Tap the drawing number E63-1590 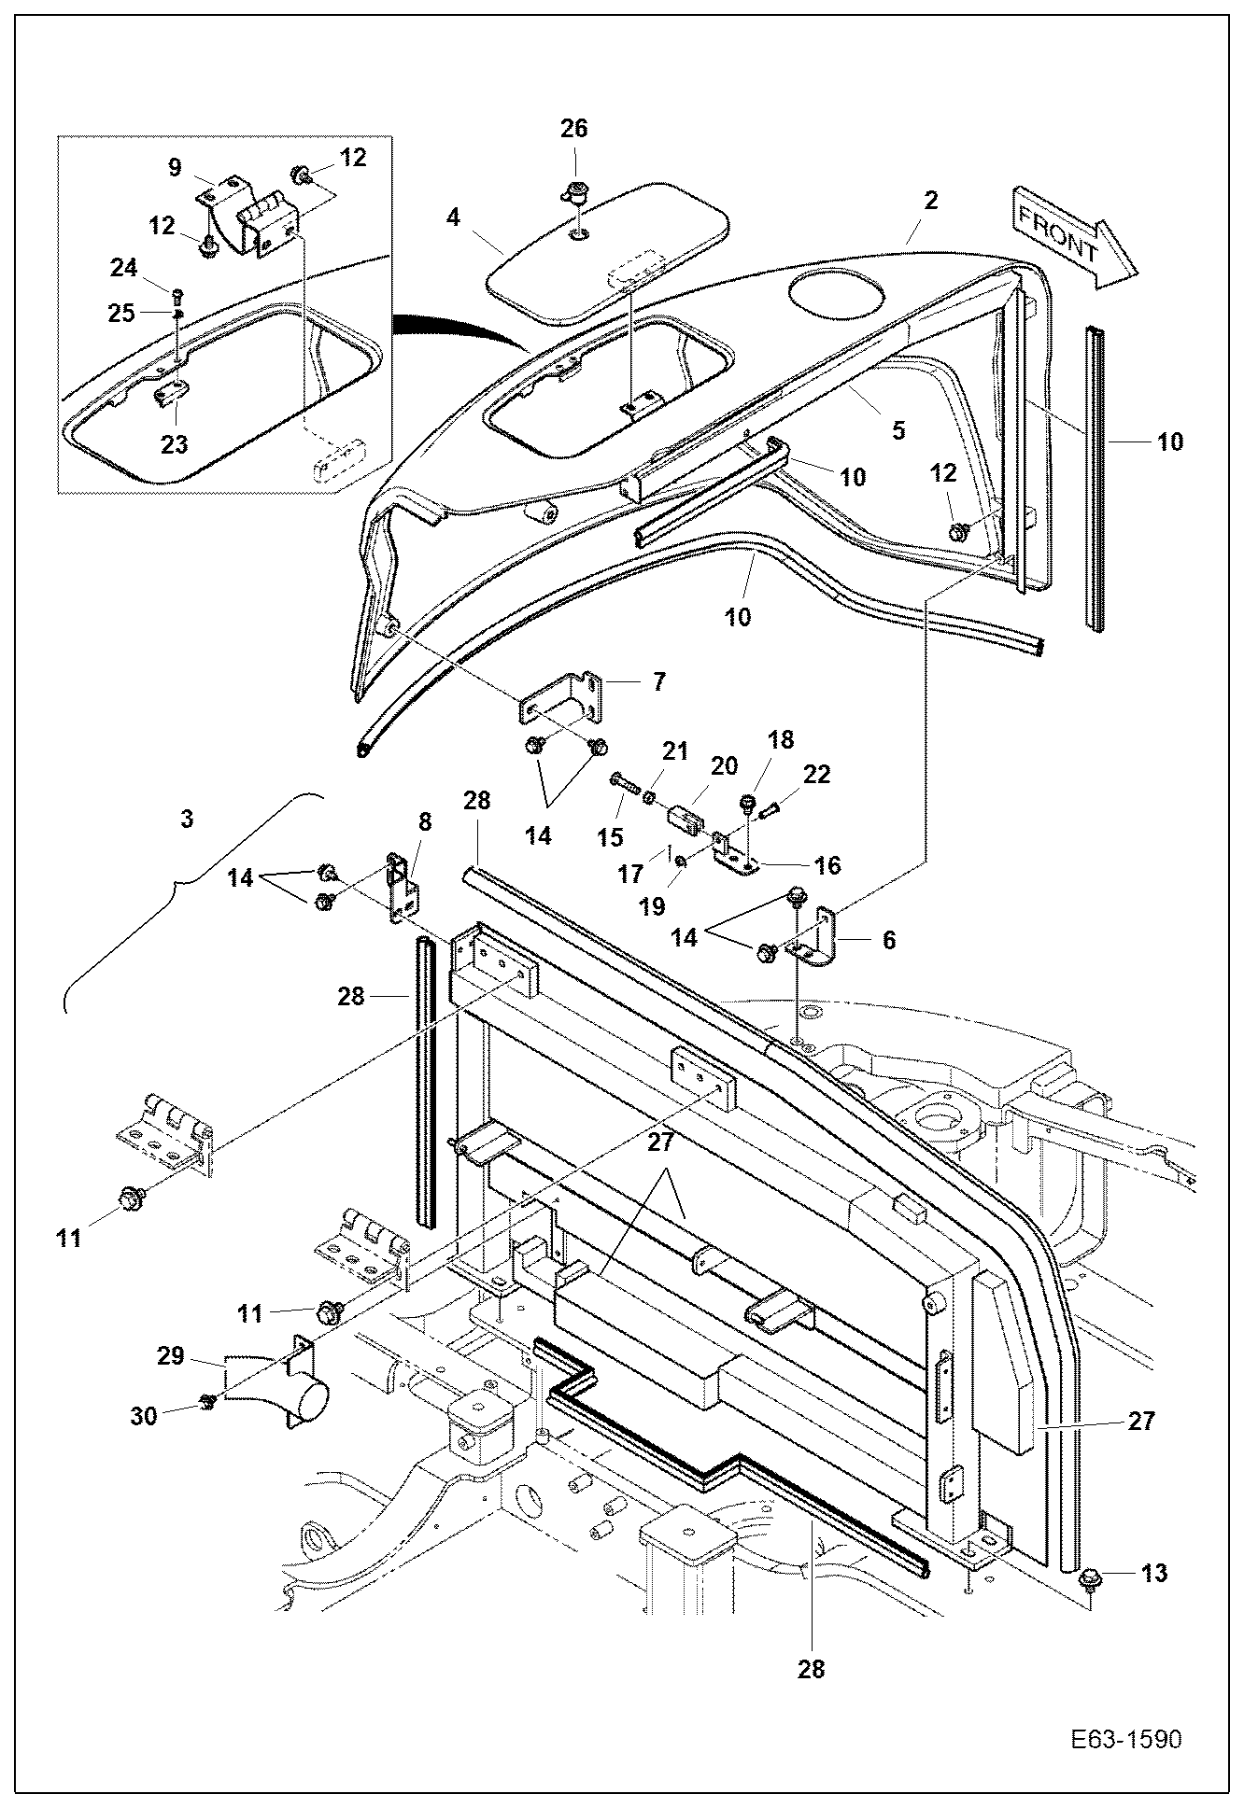(x=1125, y=1713)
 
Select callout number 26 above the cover (x=573, y=128)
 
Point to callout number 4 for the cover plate (x=454, y=217)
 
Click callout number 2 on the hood (x=930, y=200)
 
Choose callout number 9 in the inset (x=175, y=168)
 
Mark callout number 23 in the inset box (x=174, y=444)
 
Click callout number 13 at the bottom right (x=1154, y=1573)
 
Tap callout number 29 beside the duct (x=171, y=1355)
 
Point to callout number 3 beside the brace (x=187, y=819)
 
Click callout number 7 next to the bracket (x=659, y=681)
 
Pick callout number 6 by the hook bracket (x=888, y=940)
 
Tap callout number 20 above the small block (x=725, y=766)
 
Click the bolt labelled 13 (x=1088, y=1578)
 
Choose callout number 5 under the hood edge (x=898, y=430)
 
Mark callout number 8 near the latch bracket (x=425, y=822)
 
